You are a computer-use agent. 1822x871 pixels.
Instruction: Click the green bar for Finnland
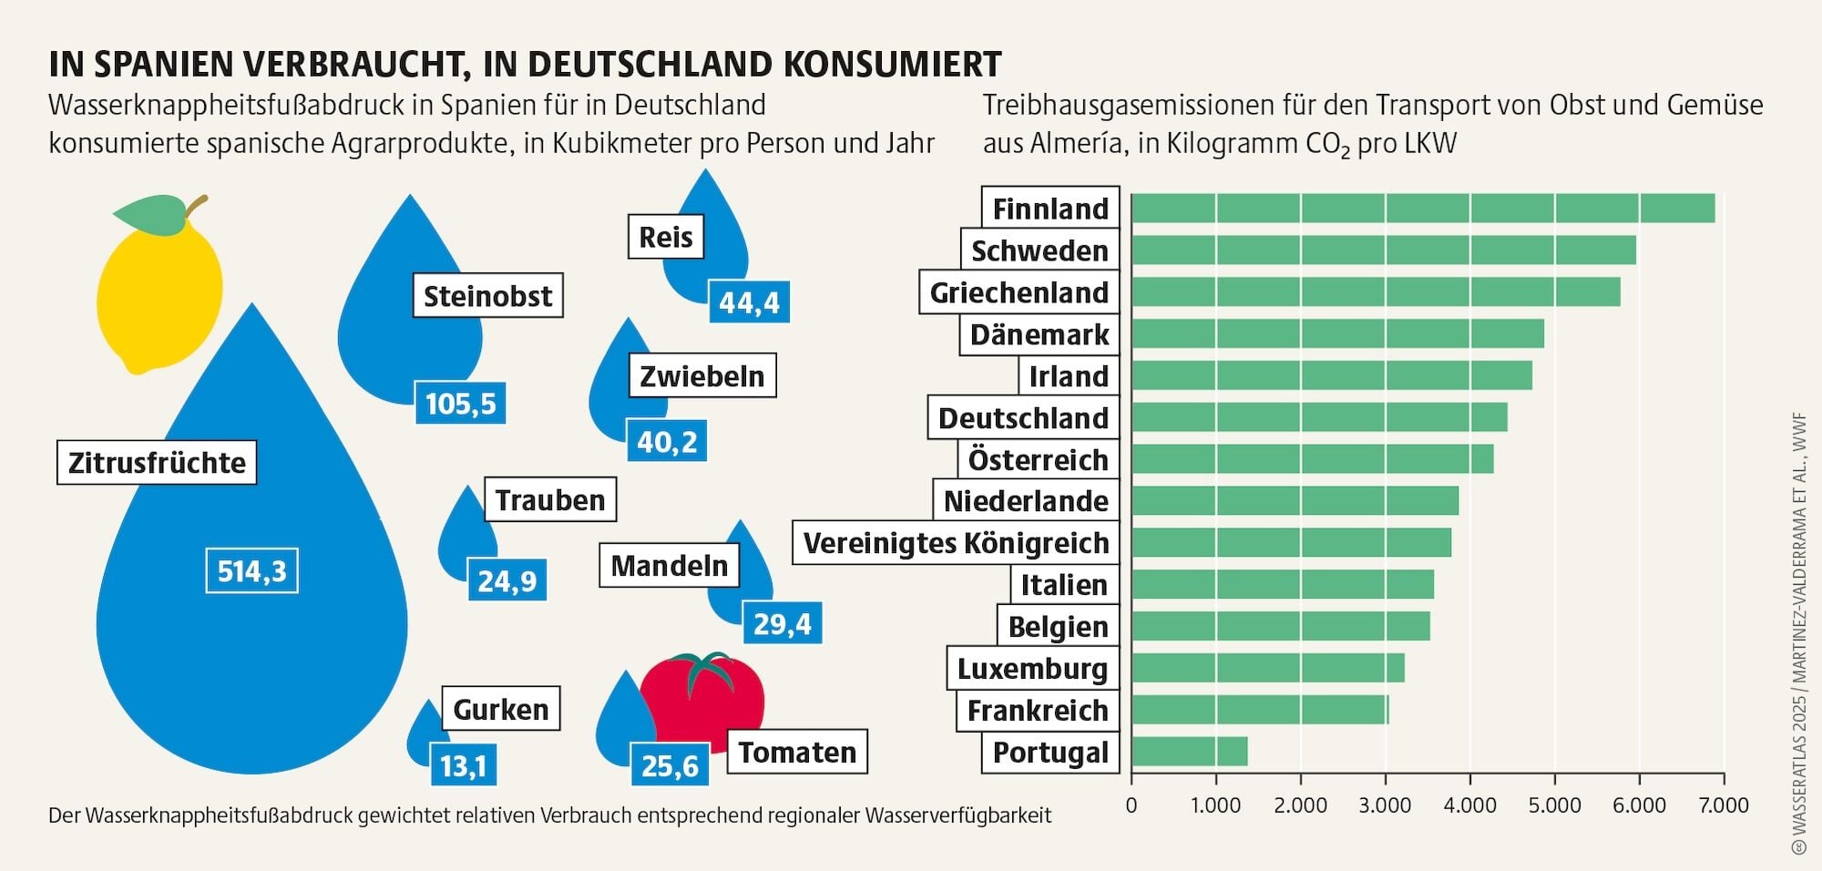coord(1423,209)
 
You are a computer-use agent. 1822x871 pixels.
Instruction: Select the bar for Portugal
coord(1190,752)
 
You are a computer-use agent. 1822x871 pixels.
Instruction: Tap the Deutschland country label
coord(1023,418)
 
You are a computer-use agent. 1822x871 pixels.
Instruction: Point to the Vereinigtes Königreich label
coord(956,543)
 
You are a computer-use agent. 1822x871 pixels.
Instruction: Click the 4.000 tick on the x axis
coord(1470,805)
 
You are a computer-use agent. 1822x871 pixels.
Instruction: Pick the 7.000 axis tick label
coord(1725,805)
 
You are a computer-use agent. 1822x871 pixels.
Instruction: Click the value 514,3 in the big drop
coord(251,571)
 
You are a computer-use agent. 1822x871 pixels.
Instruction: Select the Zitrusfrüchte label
coord(157,463)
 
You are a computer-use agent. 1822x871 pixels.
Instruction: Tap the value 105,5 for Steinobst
coord(460,403)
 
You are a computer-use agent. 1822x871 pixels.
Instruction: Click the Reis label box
coord(666,237)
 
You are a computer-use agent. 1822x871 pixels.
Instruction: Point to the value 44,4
coord(749,302)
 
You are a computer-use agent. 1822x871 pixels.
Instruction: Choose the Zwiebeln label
coord(702,375)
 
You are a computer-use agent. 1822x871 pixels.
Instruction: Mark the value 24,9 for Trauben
coord(507,580)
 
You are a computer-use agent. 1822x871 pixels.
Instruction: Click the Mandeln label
coord(670,566)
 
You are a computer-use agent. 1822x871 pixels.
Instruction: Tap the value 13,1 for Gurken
coord(464,765)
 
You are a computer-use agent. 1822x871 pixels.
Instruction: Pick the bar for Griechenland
coord(1376,292)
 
